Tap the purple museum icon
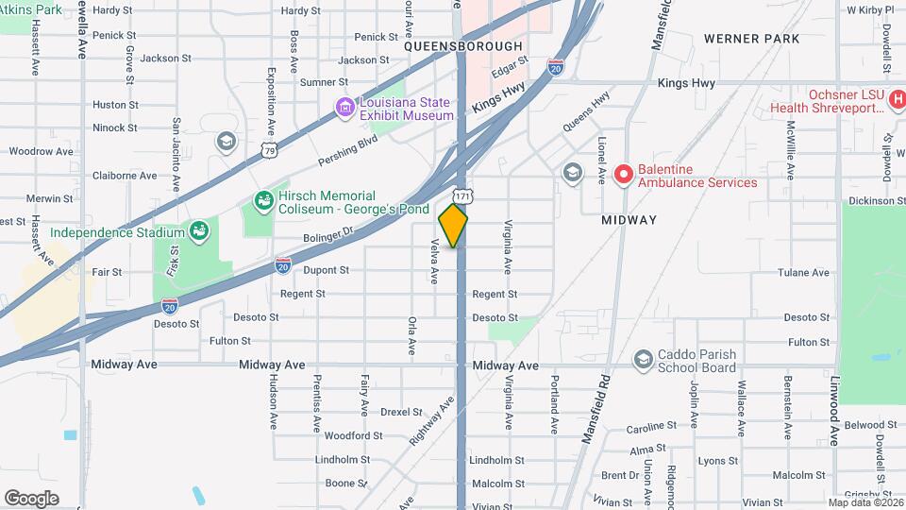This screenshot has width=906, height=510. pos(346,109)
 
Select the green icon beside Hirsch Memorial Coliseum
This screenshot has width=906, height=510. pos(264,201)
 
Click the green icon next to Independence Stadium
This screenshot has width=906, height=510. pos(198,230)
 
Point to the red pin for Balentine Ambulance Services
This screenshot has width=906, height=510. pos(622,175)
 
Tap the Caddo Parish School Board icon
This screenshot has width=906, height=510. pos(643,359)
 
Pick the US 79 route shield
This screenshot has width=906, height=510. pos(270,149)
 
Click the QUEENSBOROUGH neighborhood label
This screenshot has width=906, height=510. pos(462,45)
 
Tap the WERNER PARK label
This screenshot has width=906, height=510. pos(751,39)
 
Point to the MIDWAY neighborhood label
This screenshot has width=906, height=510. pos(629,219)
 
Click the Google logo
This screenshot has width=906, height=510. pos(31,498)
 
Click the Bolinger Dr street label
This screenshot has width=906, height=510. pos(328,232)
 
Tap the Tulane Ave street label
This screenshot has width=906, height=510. pos(803,272)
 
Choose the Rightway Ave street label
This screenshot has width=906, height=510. pos(432,420)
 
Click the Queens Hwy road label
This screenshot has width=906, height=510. pos(586,111)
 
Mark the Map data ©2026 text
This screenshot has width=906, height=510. pos(864,501)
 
